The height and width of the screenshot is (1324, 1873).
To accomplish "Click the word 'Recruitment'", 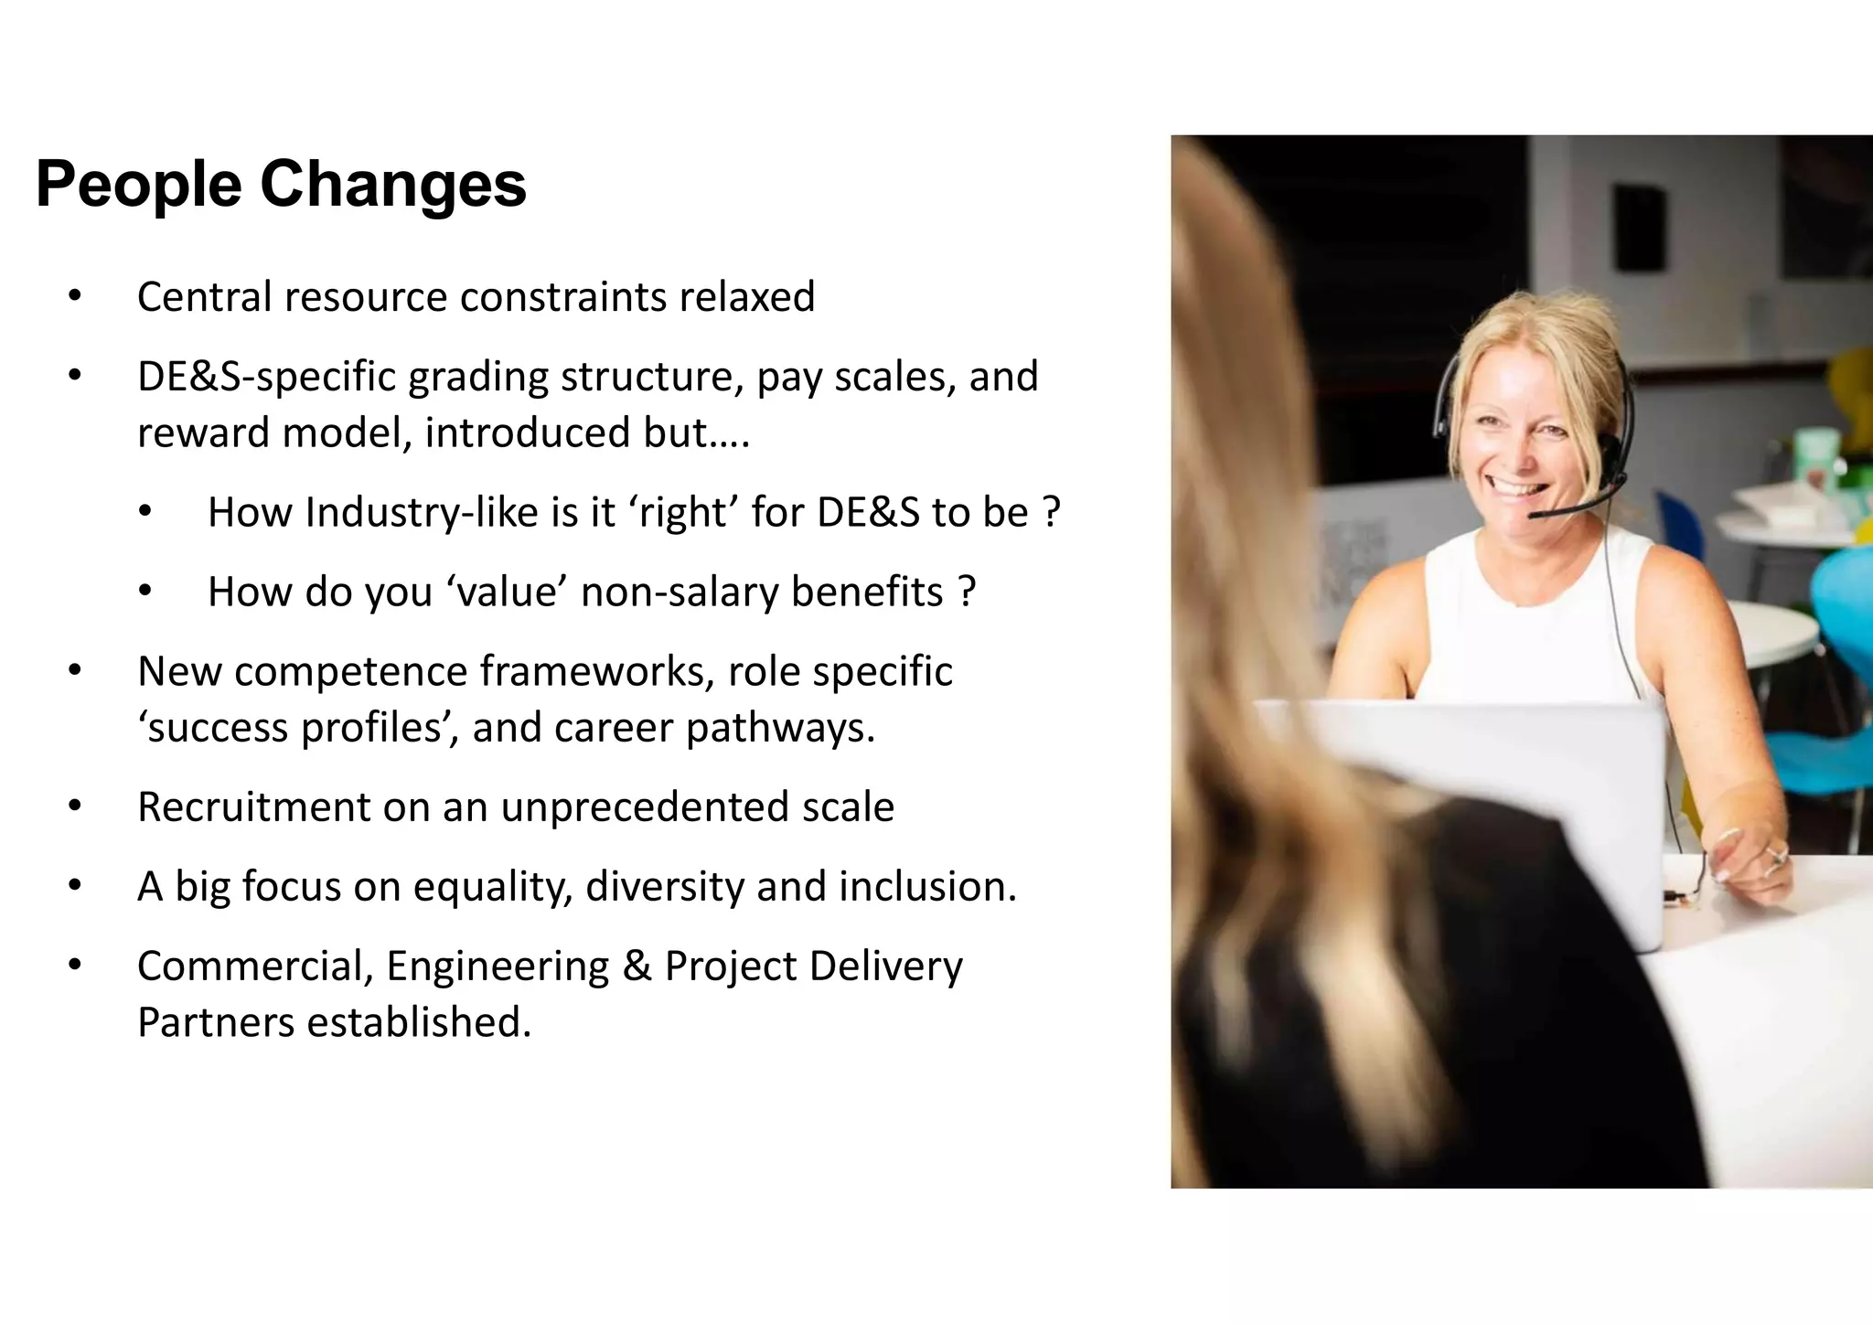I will [253, 807].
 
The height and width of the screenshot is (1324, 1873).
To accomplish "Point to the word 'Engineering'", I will [498, 966].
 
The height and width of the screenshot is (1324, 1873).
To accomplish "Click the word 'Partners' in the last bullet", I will [215, 1022].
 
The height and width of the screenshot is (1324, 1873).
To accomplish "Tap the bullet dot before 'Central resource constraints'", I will [75, 296].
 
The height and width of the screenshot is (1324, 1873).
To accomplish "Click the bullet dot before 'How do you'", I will [145, 592].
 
